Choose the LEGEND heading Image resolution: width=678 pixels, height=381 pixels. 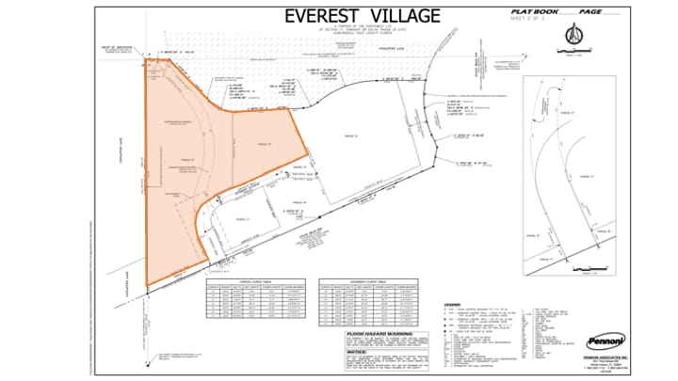coord(452,304)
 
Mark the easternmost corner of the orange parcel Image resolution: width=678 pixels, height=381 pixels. coord(307,157)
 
